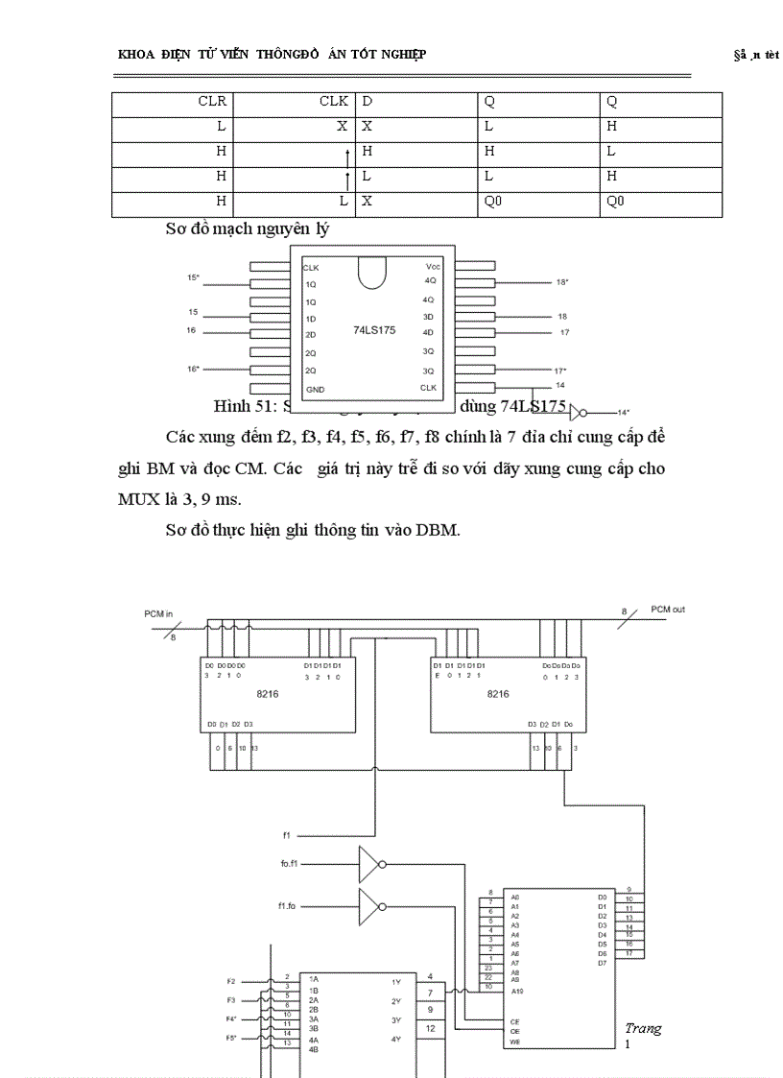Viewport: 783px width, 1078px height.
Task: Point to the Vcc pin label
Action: point(433,266)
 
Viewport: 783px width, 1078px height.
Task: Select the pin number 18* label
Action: point(562,282)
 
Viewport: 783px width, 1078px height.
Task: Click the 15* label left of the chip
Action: point(194,277)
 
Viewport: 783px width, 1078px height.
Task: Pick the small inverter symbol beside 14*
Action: point(576,413)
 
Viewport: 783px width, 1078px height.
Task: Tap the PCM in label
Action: point(160,612)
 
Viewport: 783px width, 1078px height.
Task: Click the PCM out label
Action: point(668,609)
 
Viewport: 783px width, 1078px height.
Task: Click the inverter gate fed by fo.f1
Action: point(370,864)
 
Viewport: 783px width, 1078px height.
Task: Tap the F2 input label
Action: point(230,982)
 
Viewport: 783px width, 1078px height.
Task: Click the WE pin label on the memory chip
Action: point(515,1042)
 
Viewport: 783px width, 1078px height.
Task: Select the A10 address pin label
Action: point(516,989)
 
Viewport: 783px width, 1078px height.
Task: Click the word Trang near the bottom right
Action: point(643,1028)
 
